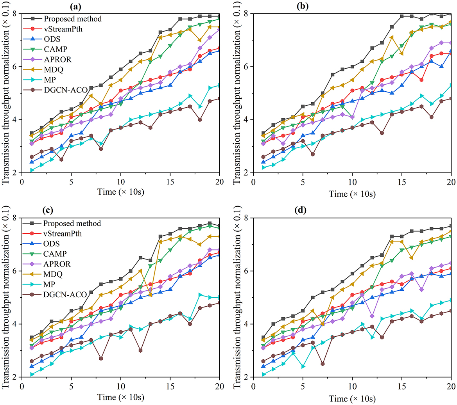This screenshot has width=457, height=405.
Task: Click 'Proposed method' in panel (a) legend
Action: point(73,19)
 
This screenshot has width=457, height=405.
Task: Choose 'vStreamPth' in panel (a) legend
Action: point(63,29)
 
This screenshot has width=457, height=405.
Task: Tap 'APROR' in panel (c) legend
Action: point(57,264)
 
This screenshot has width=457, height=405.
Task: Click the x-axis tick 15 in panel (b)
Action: point(402,182)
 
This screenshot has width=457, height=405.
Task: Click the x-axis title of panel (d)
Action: point(352,398)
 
